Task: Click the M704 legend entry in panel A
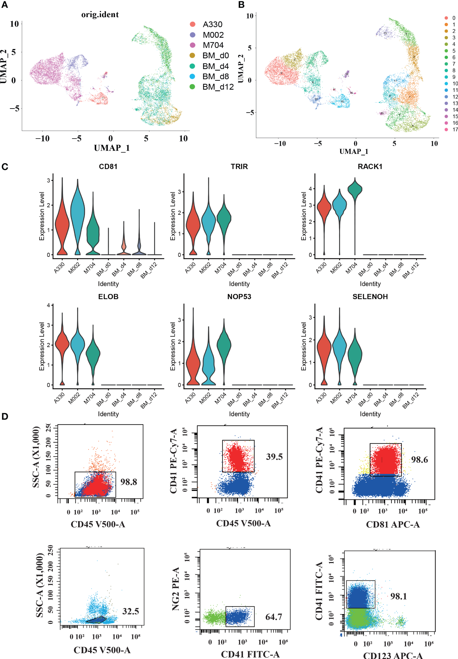pos(213,45)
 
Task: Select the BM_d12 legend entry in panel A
pos(218,87)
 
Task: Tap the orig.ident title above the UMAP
pos(100,15)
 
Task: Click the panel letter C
pos(5,167)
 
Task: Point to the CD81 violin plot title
pos(108,167)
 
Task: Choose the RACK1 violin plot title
pos(370,167)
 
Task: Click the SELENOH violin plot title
pos(370,297)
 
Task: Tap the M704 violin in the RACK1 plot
pos(355,191)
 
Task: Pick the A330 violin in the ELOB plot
pos(62,344)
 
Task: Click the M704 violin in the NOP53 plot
pos(224,346)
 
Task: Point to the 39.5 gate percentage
pos(274,456)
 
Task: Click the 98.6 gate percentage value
pos(419,460)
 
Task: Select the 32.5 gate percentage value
pos(130,611)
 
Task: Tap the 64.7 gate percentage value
pos(274,617)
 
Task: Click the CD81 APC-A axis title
pos(393,524)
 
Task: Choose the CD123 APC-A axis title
pos(393,655)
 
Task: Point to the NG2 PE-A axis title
pos(176,589)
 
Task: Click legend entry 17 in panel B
pos(455,130)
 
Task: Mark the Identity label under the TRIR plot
pos(239,284)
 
